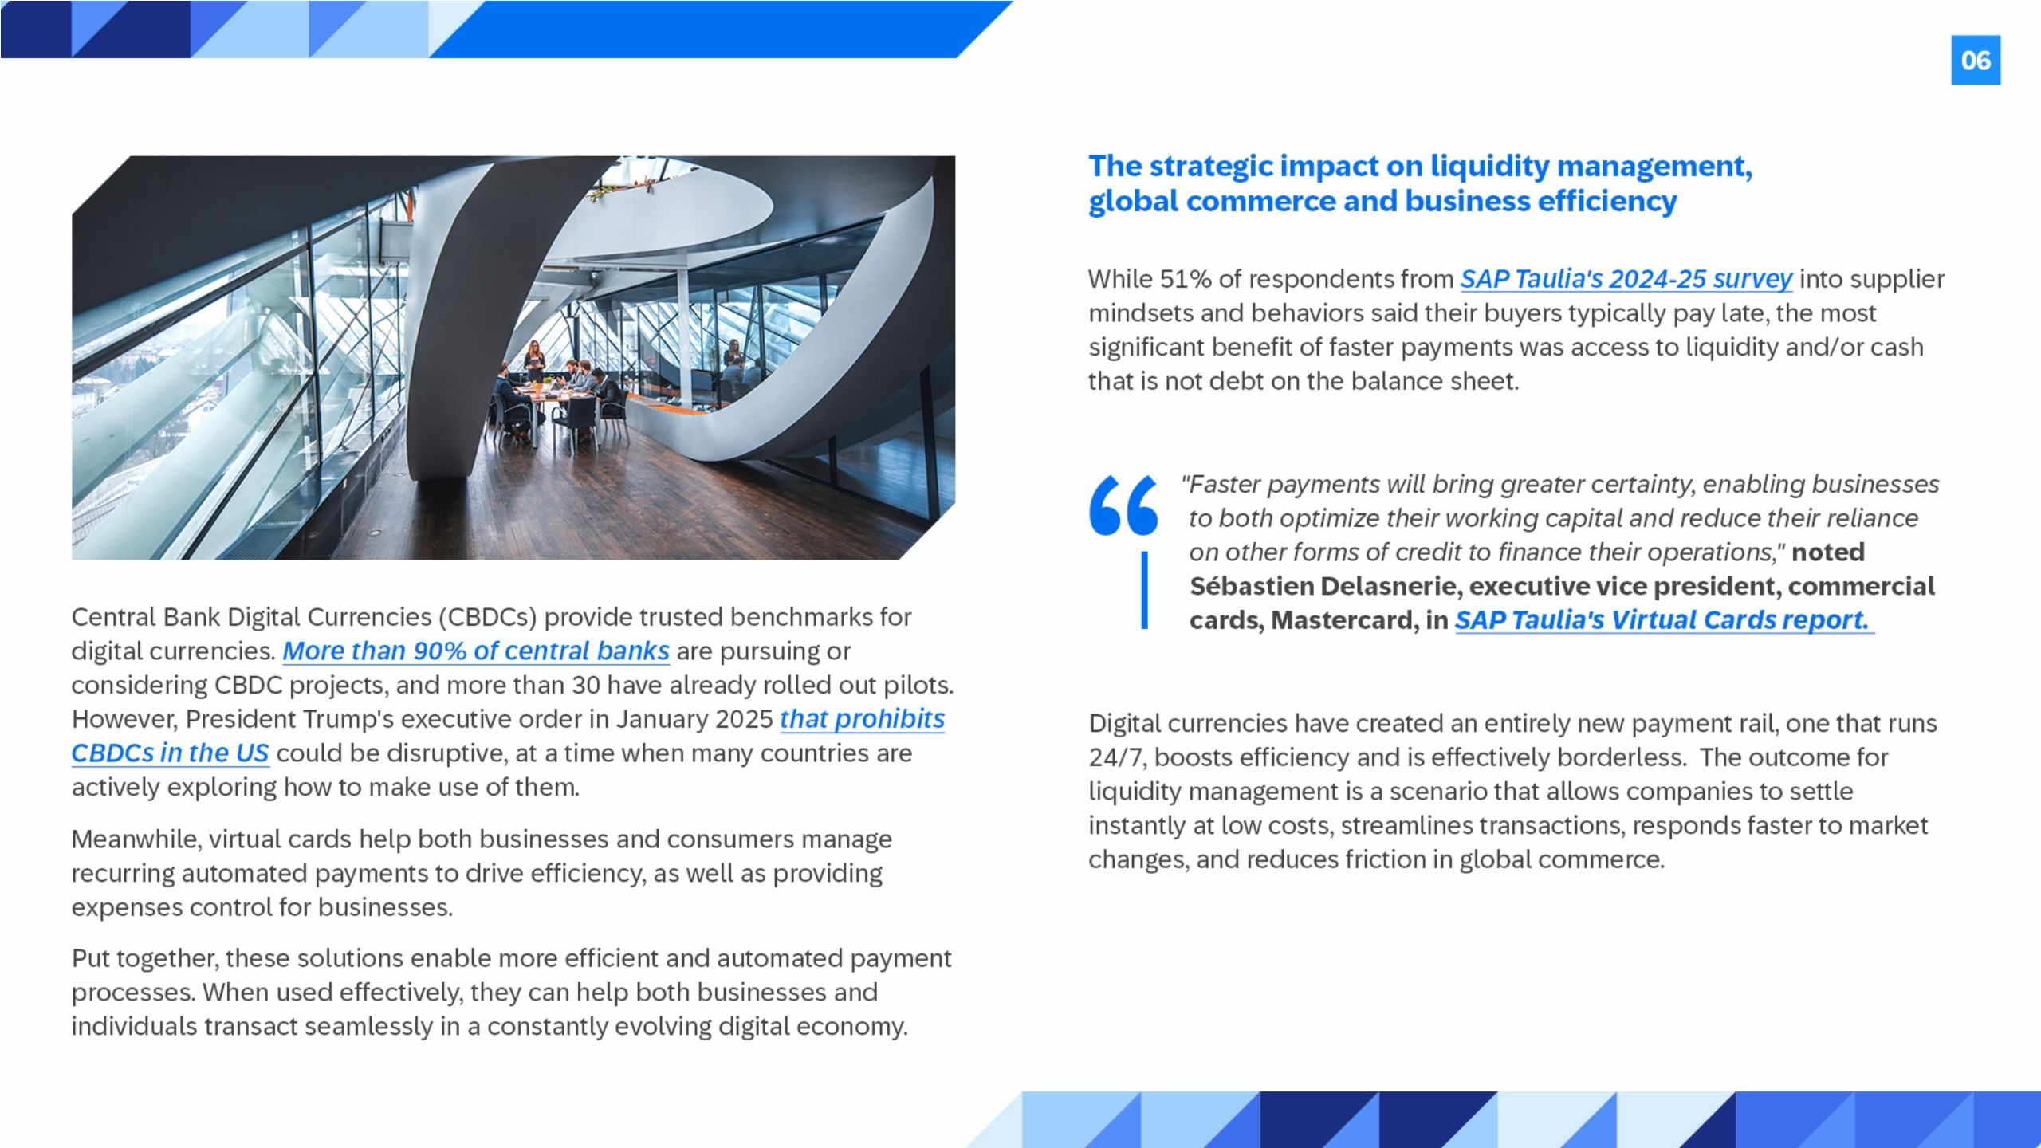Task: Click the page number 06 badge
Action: pyautogui.click(x=1976, y=60)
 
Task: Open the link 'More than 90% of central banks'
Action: pyautogui.click(x=476, y=651)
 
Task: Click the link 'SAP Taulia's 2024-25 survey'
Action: pyautogui.click(x=1626, y=279)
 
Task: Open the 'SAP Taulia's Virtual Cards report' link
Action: pyautogui.click(x=1664, y=620)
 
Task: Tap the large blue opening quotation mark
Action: pyautogui.click(x=1123, y=505)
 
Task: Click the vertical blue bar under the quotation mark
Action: pyautogui.click(x=1145, y=591)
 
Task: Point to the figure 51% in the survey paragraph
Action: pyautogui.click(x=1186, y=279)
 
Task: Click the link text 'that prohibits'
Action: pyautogui.click(x=862, y=719)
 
